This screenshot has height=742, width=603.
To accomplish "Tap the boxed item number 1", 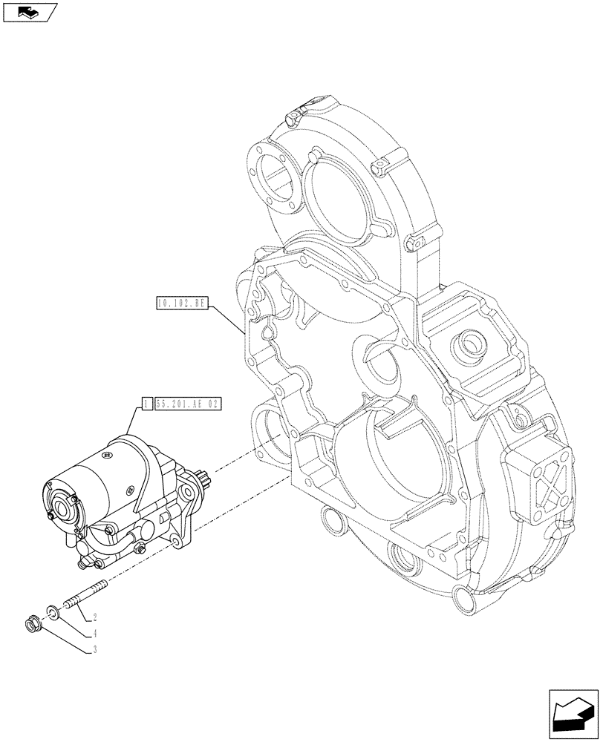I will [147, 404].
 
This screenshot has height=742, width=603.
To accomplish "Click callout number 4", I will [95, 634].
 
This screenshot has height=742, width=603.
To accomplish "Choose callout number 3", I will [95, 651].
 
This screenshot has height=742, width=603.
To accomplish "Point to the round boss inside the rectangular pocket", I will [472, 344].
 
